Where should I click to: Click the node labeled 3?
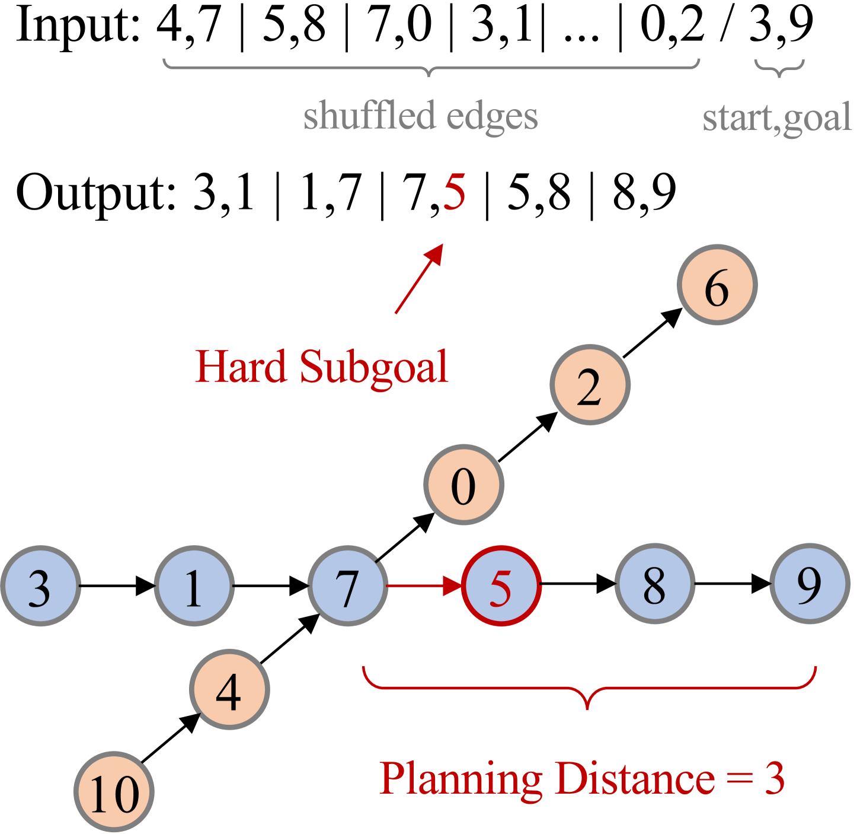tap(40, 586)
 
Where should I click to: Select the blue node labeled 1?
tap(194, 586)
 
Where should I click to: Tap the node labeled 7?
tap(348, 586)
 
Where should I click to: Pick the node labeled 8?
tap(655, 584)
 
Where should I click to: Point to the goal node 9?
tap(810, 584)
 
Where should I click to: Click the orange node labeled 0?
tap(463, 485)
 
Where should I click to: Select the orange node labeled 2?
tap(590, 385)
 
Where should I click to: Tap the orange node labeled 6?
tap(717, 285)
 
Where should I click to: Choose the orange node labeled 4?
tap(229, 690)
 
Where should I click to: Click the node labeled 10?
tap(114, 792)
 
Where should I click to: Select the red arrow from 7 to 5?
tap(424, 586)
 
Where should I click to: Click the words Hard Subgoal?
tap(322, 367)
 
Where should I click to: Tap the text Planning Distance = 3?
tap(582, 778)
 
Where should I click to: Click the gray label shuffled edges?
tap(421, 116)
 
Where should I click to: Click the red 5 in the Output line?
tap(455, 193)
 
